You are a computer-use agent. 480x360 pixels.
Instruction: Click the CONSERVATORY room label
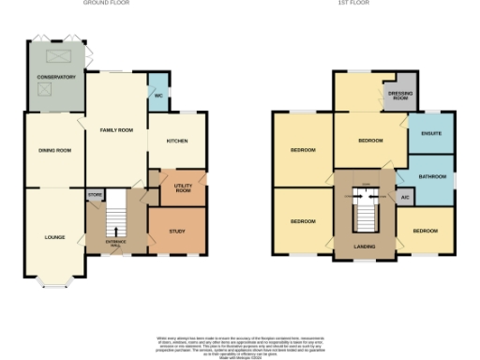(55, 77)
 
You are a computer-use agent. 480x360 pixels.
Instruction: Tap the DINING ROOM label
(54, 150)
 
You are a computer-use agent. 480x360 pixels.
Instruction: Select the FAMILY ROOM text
(116, 130)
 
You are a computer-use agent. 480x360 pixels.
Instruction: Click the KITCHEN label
(177, 141)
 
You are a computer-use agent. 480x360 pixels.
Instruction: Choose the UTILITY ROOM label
(177, 189)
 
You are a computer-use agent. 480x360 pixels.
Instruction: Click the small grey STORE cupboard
(94, 195)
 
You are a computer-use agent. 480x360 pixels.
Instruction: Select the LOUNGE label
(54, 237)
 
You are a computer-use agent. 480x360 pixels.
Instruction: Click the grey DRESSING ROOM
(399, 95)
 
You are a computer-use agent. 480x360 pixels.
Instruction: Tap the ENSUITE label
(430, 134)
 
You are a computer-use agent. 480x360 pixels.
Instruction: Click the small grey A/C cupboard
(404, 198)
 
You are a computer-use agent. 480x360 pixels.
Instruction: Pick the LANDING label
(364, 247)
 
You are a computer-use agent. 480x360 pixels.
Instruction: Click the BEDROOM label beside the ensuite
(370, 140)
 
